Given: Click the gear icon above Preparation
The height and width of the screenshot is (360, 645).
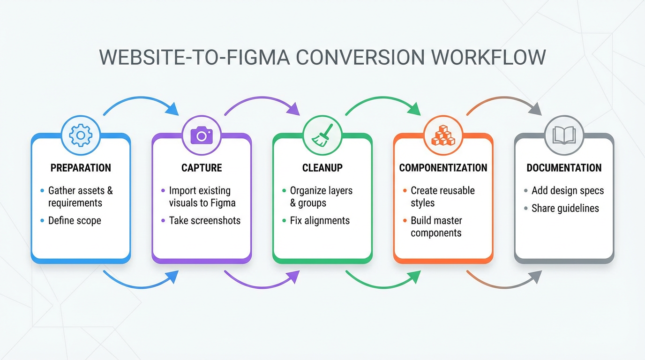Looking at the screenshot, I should pyautogui.click(x=81, y=135).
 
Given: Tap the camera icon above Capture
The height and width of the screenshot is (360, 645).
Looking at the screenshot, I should pyautogui.click(x=202, y=135).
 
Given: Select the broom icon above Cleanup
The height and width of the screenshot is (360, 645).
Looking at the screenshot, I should pyautogui.click(x=322, y=135).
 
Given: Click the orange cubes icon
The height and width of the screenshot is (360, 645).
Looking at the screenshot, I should pyautogui.click(x=443, y=135).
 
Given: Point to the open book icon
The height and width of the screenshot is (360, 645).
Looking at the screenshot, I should pyautogui.click(x=564, y=135).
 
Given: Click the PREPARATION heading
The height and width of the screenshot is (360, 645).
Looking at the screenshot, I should pyautogui.click(x=81, y=168).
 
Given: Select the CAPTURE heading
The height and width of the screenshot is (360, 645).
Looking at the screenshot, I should pyautogui.click(x=202, y=168).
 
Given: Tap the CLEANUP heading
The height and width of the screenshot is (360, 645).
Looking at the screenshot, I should pyautogui.click(x=322, y=168).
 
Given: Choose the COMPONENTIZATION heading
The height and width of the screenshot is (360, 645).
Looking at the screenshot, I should pyautogui.click(x=443, y=168).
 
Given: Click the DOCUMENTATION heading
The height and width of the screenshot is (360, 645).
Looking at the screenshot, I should pyautogui.click(x=564, y=168).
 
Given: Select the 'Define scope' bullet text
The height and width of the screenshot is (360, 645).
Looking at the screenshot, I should pyautogui.click(x=75, y=220).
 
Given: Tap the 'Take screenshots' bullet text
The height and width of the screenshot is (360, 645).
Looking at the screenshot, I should pyautogui.click(x=205, y=220).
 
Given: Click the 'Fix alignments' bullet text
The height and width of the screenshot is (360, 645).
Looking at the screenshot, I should pyautogui.click(x=320, y=220).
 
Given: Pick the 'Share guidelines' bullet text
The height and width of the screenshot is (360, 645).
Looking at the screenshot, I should pyautogui.click(x=565, y=208).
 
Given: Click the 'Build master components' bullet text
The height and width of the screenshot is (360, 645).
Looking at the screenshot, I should pyautogui.click(x=436, y=226).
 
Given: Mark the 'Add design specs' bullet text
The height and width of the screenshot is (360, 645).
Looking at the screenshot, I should pyautogui.click(x=568, y=191).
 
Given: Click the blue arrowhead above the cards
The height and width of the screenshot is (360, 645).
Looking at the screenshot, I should pyautogui.click(x=173, y=109).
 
